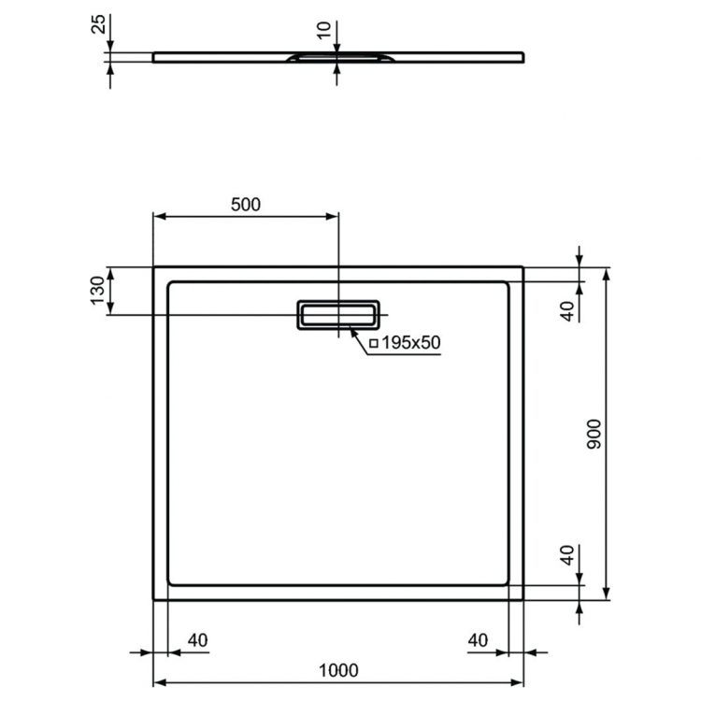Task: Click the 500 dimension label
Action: tap(245, 205)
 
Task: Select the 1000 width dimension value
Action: tap(338, 670)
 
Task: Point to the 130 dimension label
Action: tap(96, 291)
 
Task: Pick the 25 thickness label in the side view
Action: tap(97, 22)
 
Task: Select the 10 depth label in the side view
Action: tap(323, 31)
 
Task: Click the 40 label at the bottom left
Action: tap(196, 640)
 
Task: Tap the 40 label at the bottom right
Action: tap(478, 640)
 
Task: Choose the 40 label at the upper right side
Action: tap(565, 312)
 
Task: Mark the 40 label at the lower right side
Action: tap(565, 556)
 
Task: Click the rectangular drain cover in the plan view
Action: tap(338, 315)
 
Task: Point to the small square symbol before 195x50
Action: tap(374, 344)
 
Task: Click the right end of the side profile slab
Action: tap(522, 57)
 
